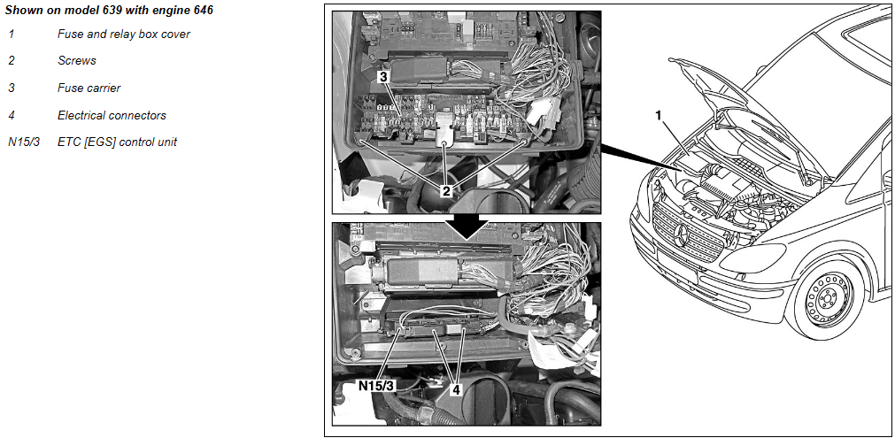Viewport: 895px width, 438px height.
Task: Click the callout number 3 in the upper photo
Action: coord(383,75)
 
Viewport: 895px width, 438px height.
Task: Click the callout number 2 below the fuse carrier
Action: coord(445,191)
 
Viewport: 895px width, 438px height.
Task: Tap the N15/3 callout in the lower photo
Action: coord(376,386)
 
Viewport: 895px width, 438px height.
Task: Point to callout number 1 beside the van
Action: coord(658,116)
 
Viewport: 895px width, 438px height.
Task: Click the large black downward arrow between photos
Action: coord(466,227)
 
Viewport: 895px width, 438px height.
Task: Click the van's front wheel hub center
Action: coord(826,298)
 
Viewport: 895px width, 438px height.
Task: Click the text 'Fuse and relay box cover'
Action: coord(124,34)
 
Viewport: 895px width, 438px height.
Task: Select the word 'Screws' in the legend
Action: coord(76,60)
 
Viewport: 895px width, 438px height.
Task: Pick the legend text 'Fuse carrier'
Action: coord(89,88)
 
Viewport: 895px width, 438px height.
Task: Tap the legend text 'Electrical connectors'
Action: coord(112,115)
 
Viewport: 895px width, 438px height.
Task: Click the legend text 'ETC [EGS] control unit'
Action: coord(117,142)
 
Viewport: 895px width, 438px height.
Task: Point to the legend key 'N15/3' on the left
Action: coord(23,142)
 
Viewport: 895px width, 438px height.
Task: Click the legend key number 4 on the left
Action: coord(12,115)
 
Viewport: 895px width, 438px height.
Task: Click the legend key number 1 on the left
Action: coord(12,34)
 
